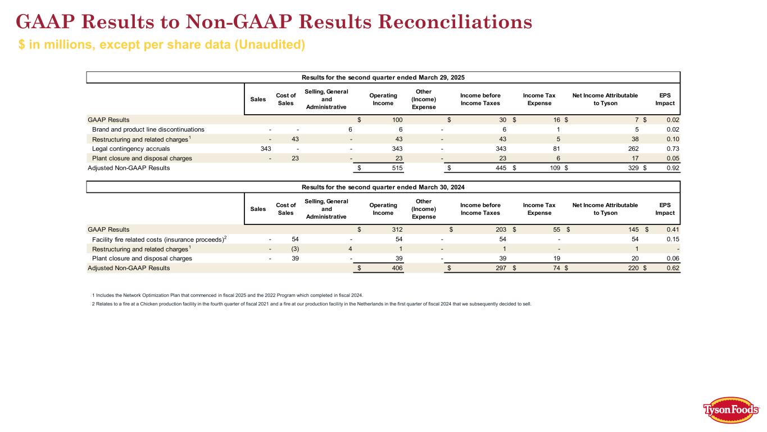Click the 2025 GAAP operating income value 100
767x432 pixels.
click(x=397, y=119)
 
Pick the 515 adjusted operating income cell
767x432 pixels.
click(x=397, y=168)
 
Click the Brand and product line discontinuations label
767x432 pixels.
click(x=148, y=129)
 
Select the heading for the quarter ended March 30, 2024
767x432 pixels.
click(x=383, y=187)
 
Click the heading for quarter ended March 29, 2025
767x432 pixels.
click(x=383, y=77)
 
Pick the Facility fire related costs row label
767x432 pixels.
click(x=158, y=239)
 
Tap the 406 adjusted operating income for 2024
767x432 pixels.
click(x=397, y=268)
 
